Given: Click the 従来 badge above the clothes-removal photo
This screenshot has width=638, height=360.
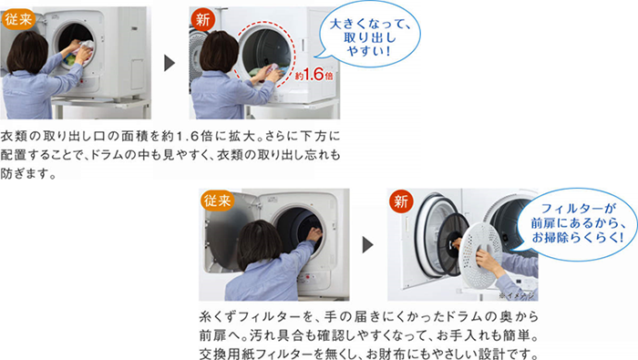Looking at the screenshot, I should tap(20, 17).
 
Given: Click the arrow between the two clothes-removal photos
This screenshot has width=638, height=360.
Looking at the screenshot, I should tap(170, 62).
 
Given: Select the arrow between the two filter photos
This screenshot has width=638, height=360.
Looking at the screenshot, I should tap(367, 244).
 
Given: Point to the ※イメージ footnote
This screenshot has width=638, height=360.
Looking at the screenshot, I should tap(519, 294).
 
